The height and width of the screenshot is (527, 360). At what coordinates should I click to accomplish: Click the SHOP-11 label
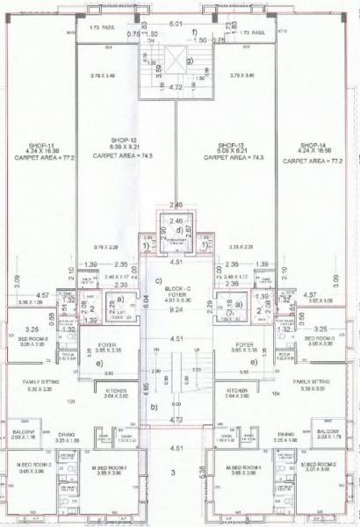pos(40,145)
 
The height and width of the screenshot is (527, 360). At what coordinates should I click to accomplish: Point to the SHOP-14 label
pos(313,145)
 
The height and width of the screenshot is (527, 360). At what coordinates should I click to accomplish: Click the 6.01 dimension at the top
pos(179,25)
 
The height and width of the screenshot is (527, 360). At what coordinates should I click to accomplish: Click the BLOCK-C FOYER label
pos(179,291)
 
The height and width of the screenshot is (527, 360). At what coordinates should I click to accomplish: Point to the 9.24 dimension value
pos(179,309)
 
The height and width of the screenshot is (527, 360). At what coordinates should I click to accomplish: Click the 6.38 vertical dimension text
pos(205,472)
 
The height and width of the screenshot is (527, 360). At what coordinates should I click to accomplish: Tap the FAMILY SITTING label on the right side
pos(313,383)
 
